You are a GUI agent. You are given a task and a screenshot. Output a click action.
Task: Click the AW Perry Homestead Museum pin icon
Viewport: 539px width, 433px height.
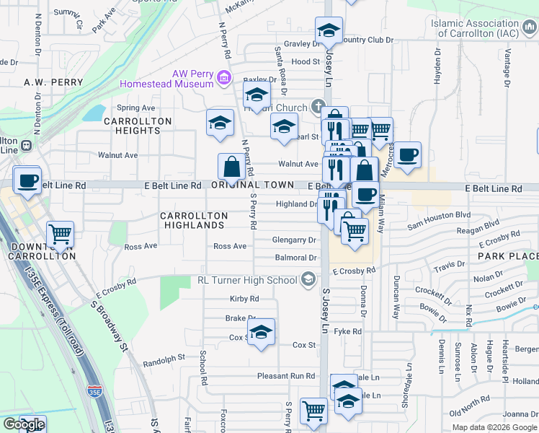(x=224, y=77)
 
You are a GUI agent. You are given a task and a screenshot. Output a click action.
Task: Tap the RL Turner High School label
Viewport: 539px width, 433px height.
(x=248, y=280)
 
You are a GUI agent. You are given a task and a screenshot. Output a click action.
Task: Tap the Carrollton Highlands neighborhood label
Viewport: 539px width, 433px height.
(x=194, y=220)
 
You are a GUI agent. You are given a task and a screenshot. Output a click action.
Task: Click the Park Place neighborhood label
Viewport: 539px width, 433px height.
(x=507, y=256)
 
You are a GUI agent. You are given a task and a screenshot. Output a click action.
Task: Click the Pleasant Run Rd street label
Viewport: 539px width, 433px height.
(x=286, y=376)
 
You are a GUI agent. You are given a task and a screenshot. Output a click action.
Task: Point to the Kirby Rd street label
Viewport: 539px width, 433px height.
(x=244, y=299)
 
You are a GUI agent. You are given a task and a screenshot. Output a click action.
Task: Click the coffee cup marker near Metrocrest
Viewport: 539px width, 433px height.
(x=407, y=154)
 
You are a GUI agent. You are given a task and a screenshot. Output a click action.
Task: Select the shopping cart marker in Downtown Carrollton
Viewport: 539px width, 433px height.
(x=60, y=234)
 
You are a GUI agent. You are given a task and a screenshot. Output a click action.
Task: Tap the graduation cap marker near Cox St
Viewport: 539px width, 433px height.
(x=262, y=332)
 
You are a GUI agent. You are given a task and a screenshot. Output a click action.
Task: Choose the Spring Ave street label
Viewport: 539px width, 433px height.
(x=137, y=108)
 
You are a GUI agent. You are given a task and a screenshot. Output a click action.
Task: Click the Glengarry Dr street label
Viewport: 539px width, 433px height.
(x=294, y=240)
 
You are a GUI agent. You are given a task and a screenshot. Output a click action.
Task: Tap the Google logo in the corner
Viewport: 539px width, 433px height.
(x=23, y=424)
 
